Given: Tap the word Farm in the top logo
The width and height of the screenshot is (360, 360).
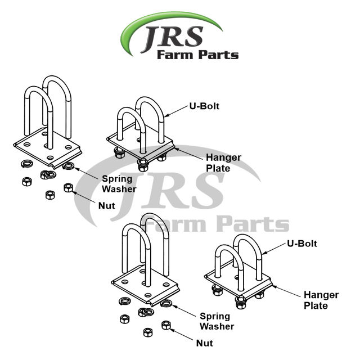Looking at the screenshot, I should pyautogui.click(x=174, y=55).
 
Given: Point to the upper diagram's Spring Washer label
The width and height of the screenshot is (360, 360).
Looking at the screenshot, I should pyautogui.click(x=118, y=184).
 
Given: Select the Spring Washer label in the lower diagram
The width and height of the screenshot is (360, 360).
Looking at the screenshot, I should pyautogui.click(x=217, y=321).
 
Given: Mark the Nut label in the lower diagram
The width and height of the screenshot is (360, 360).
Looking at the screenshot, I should pyautogui.click(x=204, y=341).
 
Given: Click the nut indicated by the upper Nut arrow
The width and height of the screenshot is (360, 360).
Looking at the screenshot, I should pyautogui.click(x=69, y=187).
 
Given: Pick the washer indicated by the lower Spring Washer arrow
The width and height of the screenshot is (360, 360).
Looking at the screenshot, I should pyautogui.click(x=166, y=304).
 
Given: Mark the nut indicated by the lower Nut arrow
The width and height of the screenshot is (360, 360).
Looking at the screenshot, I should pyautogui.click(x=166, y=325).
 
